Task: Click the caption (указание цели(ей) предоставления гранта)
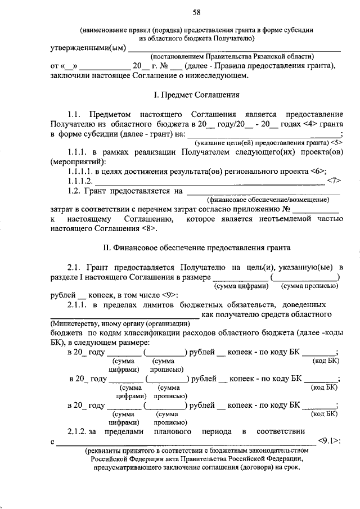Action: [x=262, y=143]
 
